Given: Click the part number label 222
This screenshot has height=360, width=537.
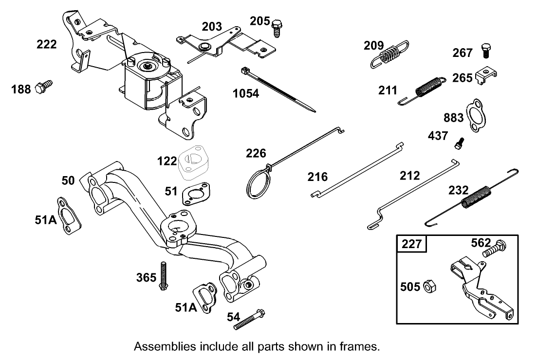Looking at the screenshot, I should pyautogui.click(x=47, y=45).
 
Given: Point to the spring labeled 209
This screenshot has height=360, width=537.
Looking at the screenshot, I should pyautogui.click(x=388, y=54).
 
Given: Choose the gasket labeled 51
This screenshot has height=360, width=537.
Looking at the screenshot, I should pyautogui.click(x=197, y=195).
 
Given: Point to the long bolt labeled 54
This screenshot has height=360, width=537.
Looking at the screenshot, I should pyautogui.click(x=249, y=320).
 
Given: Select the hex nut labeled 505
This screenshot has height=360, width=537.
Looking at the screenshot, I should pyautogui.click(x=429, y=287).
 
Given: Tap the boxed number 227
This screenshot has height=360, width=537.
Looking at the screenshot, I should pyautogui.click(x=411, y=244).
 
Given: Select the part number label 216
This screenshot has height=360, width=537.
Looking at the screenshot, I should pyautogui.click(x=317, y=177).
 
